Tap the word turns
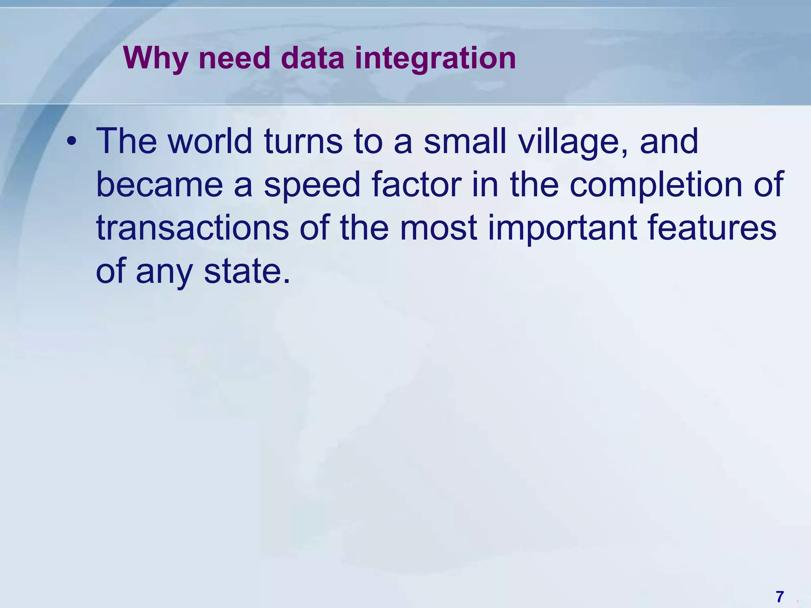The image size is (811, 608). [x=303, y=141]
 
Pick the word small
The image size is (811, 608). [x=466, y=141]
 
